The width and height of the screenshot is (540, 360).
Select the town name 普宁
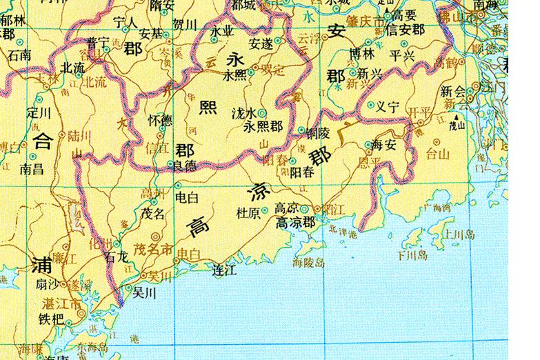pos(98,43)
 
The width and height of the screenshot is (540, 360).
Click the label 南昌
pos(32,167)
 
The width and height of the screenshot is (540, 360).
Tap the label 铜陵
pos(319,130)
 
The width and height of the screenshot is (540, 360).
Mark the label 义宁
pos(388,107)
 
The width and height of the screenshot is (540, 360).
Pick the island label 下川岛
pos(412,255)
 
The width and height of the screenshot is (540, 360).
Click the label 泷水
pos(244,112)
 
